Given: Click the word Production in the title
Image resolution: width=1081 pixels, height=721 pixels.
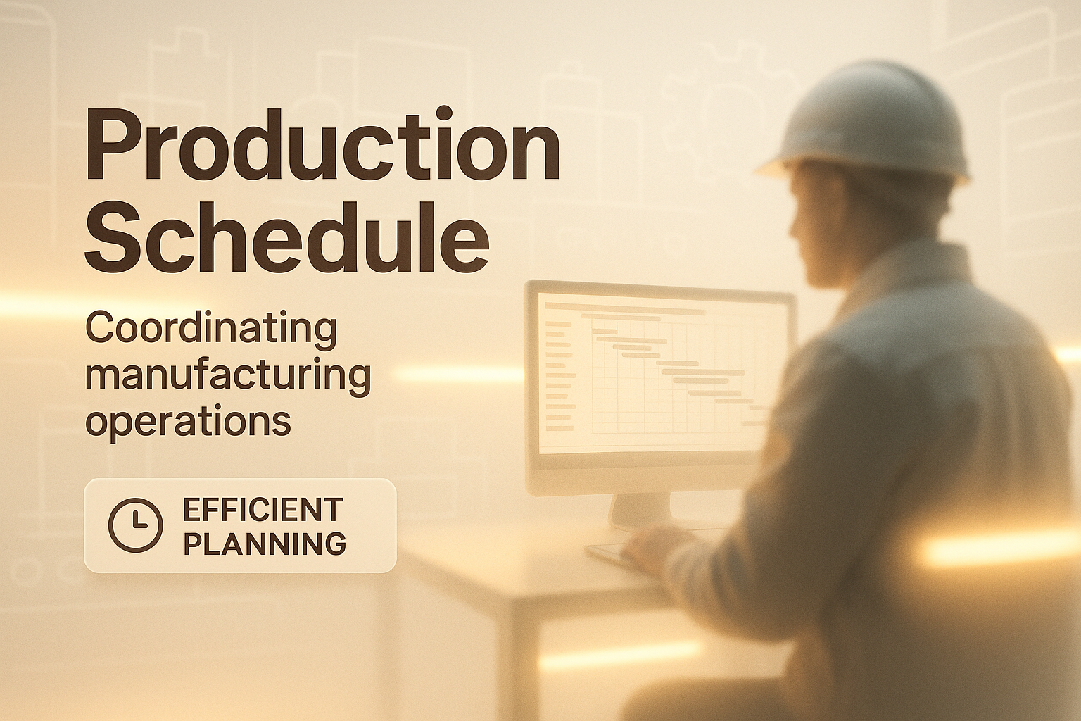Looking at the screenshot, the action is (x=322, y=144).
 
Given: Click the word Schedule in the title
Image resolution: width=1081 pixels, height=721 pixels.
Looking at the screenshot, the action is (x=287, y=237).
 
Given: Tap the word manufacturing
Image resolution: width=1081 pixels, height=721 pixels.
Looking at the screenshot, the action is (x=228, y=377).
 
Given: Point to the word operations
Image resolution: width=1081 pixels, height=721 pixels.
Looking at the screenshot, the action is (x=188, y=421).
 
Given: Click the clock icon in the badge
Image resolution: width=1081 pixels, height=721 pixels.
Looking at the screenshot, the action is (x=135, y=525).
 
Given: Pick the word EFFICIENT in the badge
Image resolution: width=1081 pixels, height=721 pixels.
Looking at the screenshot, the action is (x=263, y=510).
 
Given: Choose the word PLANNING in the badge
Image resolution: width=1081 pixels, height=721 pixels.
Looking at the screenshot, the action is (x=265, y=544).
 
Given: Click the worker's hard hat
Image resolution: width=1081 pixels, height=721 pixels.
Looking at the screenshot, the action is (x=864, y=128).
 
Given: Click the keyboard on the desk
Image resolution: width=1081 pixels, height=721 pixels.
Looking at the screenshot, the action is (x=609, y=553).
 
